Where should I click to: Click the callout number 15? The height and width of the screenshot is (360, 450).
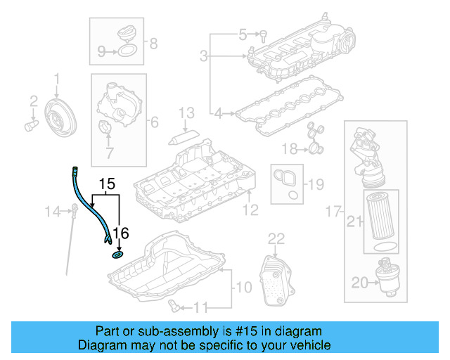106,185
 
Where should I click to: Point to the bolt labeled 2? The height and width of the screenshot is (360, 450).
30,127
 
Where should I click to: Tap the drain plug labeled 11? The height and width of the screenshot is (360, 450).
174,304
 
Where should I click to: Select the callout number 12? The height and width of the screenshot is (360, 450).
250,210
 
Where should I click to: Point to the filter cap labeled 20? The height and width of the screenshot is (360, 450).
386,272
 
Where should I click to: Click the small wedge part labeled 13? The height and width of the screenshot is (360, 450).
186,135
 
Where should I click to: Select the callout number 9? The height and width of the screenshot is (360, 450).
101,51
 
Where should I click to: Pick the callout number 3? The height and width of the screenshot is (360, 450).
203,56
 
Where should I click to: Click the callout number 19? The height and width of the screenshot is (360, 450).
316,185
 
